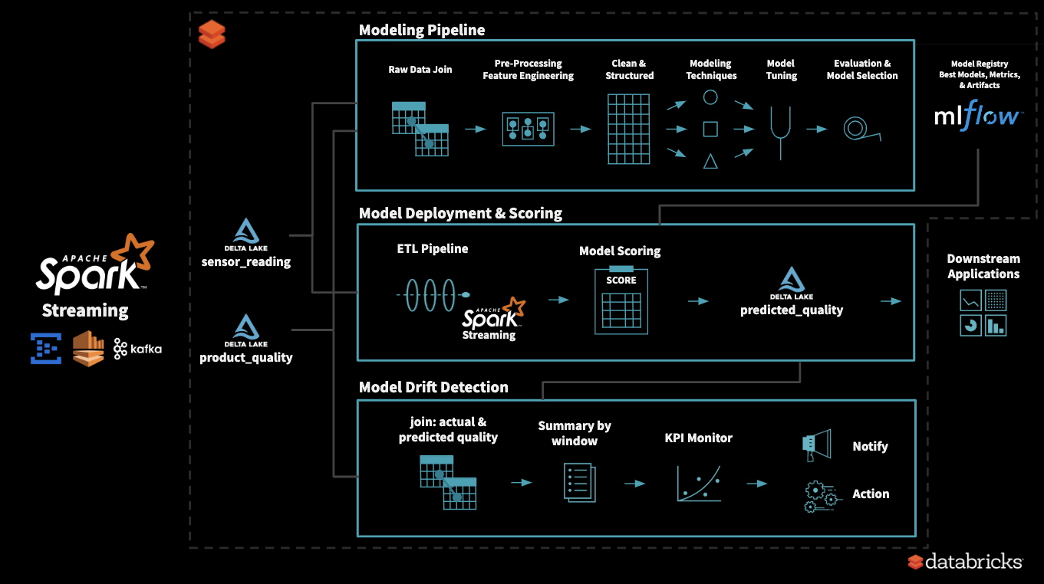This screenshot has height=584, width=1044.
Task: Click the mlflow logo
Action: [978, 116]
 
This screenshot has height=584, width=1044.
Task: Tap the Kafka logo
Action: [138, 349]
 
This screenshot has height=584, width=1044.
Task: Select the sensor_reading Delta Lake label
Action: [246, 262]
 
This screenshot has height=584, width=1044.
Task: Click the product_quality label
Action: [246, 358]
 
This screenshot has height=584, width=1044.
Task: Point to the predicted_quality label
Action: [792, 310]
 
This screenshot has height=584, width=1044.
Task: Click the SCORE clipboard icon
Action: [621, 300]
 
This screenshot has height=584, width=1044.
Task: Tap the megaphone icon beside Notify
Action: [816, 445]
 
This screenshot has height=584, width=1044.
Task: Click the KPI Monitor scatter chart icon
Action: [699, 484]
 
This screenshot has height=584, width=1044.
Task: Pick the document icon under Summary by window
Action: [579, 483]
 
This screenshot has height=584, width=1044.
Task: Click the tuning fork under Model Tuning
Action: [781, 133]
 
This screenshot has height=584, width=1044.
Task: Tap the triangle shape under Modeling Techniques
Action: [710, 161]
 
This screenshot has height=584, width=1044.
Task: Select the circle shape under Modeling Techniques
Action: [710, 97]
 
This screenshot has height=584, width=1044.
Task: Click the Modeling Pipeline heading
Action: [422, 30]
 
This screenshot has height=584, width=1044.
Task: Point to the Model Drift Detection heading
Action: [433, 387]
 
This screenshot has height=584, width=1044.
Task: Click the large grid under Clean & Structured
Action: [629, 129]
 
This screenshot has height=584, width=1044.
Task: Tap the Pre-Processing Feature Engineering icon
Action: [528, 129]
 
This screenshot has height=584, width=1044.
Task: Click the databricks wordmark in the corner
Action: [973, 562]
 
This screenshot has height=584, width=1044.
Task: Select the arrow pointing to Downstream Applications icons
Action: [891, 301]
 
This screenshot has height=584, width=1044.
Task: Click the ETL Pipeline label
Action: [433, 248]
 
